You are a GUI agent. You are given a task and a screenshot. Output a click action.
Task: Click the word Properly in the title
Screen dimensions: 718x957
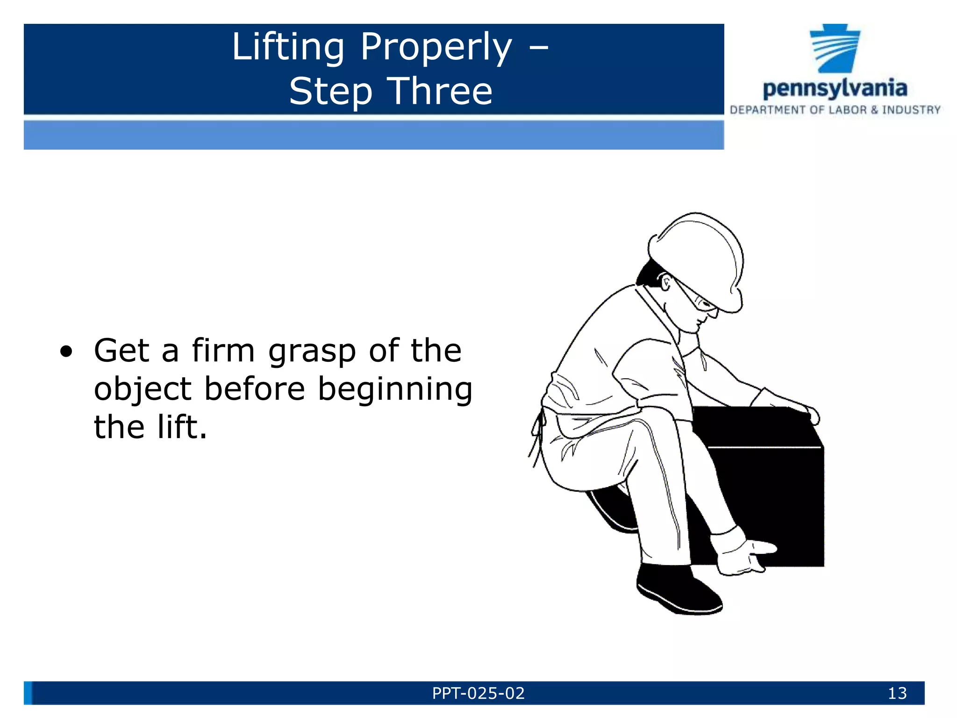pyautogui.click(x=436, y=48)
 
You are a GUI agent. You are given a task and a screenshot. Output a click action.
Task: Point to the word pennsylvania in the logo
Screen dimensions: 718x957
pyautogui.click(x=835, y=88)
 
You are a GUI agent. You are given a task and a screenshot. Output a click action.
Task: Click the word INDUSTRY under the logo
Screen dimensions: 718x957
pyautogui.click(x=911, y=110)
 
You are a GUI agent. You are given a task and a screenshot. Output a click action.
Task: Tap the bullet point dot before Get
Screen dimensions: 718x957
pyautogui.click(x=66, y=352)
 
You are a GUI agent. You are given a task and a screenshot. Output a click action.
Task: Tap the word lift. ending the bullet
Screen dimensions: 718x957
pyautogui.click(x=182, y=427)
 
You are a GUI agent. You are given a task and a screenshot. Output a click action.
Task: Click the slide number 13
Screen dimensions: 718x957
pyautogui.click(x=897, y=693)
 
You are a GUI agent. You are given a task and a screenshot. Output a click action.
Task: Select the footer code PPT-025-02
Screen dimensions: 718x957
pyautogui.click(x=478, y=693)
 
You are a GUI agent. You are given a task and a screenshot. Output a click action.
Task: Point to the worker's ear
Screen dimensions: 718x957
pyautogui.click(x=666, y=282)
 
